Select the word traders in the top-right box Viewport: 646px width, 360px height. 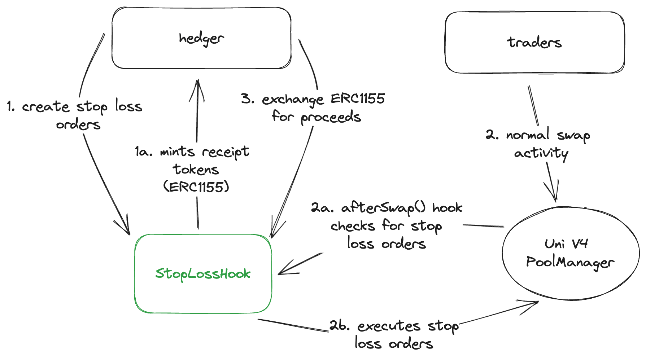[534, 43]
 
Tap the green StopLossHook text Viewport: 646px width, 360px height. [202, 274]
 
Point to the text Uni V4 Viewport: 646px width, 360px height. [566, 244]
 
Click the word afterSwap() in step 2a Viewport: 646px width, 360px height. [383, 208]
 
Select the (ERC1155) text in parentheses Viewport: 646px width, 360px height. [196, 187]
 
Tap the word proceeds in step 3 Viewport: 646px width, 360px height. [331, 117]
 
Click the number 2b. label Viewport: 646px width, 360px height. [340, 326]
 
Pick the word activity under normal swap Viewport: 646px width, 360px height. [541, 153]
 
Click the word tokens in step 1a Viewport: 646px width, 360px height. [196, 170]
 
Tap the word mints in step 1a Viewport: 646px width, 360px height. [177, 152]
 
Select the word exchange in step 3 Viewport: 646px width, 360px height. [293, 99]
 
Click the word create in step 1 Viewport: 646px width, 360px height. [45, 107]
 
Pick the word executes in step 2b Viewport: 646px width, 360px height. [389, 326]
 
